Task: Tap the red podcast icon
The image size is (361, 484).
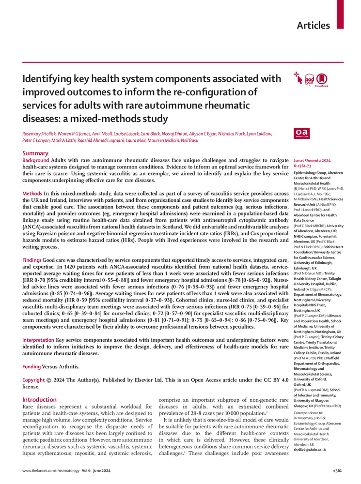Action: (310, 79)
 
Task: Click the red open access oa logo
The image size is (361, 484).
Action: (301, 134)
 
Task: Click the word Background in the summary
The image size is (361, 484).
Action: (36, 160)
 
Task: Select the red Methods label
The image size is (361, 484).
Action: (32, 194)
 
